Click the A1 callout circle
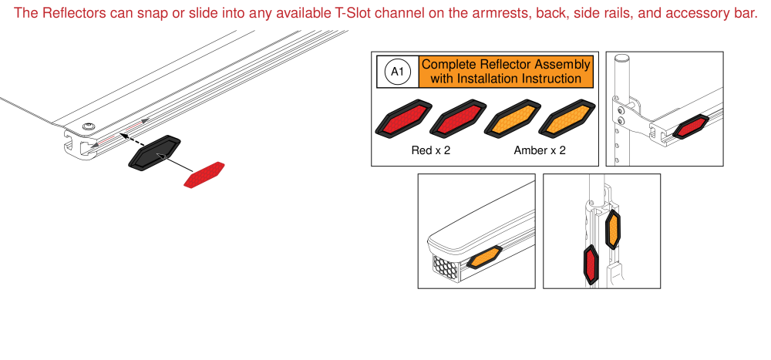(397, 72)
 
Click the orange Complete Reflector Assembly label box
(507, 72)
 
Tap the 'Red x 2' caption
(431, 150)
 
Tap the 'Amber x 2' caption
(540, 150)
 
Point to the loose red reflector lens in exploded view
(204, 175)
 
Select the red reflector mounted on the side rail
(689, 127)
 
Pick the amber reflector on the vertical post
(613, 229)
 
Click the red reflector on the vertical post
(592, 264)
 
